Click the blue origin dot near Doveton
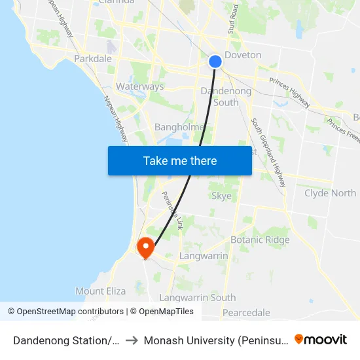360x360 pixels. (215, 62)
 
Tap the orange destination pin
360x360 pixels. (145, 247)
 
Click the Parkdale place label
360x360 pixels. (93, 58)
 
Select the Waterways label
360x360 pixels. (139, 86)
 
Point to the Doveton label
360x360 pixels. (243, 55)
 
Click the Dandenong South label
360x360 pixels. (226, 97)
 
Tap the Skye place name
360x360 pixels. (221, 196)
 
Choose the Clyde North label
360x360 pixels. (330, 193)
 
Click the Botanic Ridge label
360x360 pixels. (260, 240)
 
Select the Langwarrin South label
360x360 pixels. (197, 297)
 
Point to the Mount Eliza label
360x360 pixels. (99, 291)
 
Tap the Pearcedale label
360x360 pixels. (246, 312)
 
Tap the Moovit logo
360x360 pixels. (321, 340)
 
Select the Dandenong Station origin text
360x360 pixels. (66, 340)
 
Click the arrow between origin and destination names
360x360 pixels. (132, 340)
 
